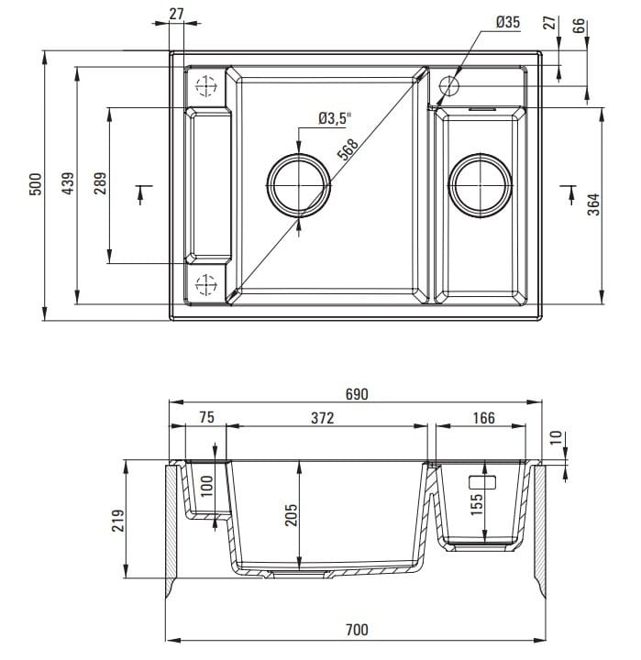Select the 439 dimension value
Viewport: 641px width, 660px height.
click(x=67, y=184)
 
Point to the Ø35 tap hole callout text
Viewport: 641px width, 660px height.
click(x=507, y=21)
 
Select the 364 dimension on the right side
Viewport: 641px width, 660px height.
click(x=592, y=203)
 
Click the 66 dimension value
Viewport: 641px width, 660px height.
click(x=580, y=25)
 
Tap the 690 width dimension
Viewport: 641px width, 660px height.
click(x=357, y=394)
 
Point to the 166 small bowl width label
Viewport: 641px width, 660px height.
click(x=482, y=418)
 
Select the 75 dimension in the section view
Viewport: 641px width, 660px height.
click(x=206, y=418)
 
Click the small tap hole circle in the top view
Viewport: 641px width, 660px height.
click(x=449, y=86)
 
